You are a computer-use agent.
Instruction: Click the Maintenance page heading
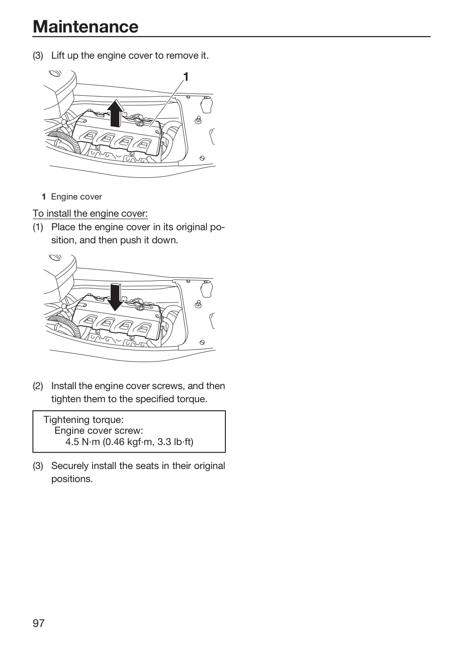click(86, 27)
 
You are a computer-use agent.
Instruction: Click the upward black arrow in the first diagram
click(115, 113)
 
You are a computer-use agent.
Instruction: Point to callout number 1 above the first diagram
click(186, 77)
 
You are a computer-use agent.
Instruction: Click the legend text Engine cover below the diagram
click(76, 197)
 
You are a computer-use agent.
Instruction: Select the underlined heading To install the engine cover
click(90, 214)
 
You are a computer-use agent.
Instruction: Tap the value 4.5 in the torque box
click(72, 442)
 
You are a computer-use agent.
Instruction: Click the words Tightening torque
click(84, 420)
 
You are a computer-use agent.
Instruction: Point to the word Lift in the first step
click(58, 56)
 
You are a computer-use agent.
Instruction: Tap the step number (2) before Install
click(38, 386)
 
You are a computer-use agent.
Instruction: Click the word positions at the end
click(72, 479)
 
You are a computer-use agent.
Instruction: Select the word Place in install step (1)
click(63, 227)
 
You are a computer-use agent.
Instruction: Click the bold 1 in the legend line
click(44, 197)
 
